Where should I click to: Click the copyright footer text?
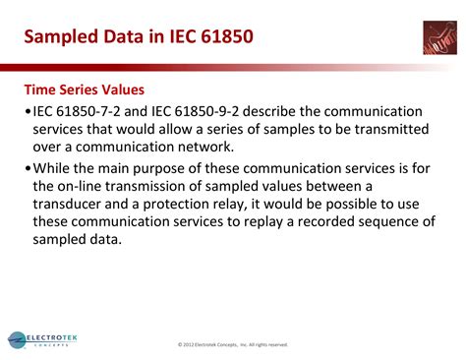click(233, 344)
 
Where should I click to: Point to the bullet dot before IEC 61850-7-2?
click(29, 112)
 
